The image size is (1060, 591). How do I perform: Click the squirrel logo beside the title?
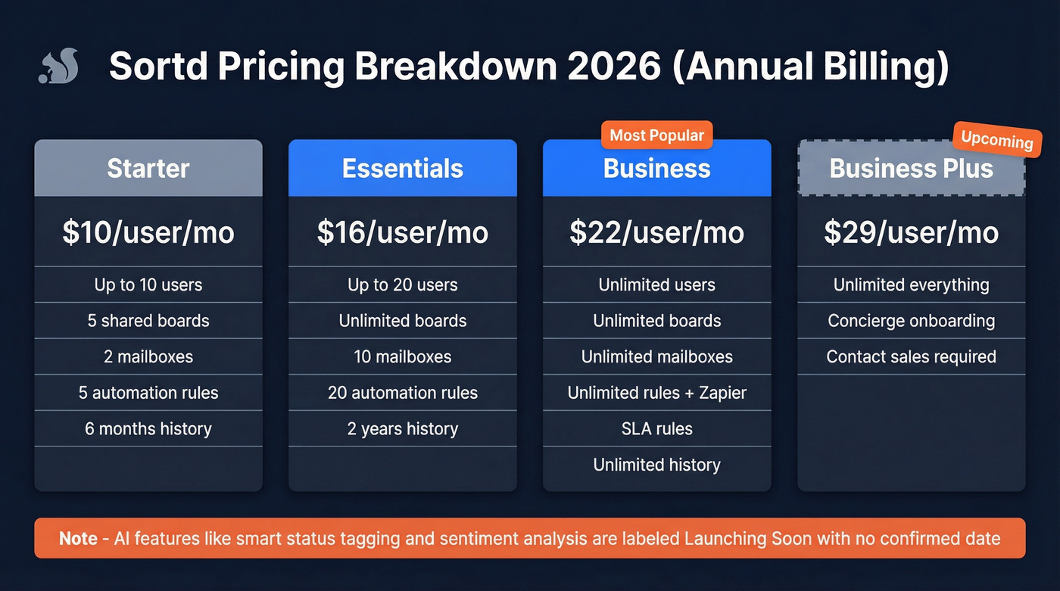tap(55, 67)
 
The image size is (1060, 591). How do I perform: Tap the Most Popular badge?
tap(656, 135)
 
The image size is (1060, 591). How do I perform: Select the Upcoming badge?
tap(996, 139)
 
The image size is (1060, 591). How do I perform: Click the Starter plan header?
tap(148, 168)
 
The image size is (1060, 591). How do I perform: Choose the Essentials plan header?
tap(403, 168)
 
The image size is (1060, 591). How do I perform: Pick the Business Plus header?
tap(911, 168)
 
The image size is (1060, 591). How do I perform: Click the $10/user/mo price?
tap(148, 232)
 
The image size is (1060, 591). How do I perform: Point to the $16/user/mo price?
tap(403, 232)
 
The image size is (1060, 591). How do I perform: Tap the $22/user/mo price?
tap(656, 232)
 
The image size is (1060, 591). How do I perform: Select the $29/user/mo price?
tap(911, 232)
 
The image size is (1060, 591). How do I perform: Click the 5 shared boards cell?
tap(148, 321)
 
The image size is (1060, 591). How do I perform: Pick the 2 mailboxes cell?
tap(148, 356)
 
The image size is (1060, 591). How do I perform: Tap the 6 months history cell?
tap(148, 428)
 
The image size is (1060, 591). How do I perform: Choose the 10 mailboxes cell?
tap(403, 356)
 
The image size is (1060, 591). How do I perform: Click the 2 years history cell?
tap(403, 428)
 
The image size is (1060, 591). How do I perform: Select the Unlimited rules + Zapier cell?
tap(656, 393)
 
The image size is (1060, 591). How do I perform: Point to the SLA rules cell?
tap(656, 428)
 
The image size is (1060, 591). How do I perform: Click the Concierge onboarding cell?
tap(911, 321)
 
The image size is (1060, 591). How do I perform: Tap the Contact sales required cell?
tap(911, 356)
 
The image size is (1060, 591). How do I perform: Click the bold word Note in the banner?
tap(78, 539)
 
